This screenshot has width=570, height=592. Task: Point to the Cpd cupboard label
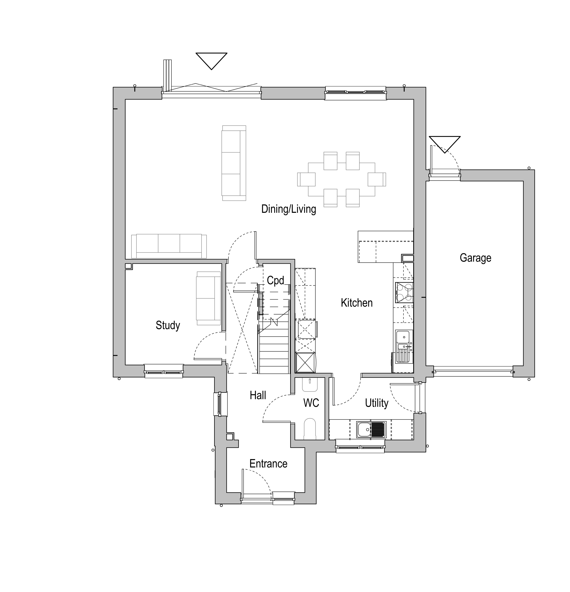[275, 281]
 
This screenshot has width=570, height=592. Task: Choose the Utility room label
[376, 403]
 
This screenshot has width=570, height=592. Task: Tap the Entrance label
[268, 464]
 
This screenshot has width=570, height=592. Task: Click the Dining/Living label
[289, 209]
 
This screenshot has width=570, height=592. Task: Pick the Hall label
[258, 395]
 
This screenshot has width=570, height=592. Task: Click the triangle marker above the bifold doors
[211, 61]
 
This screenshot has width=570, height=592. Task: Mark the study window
[164, 371]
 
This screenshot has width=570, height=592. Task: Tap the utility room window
[360, 446]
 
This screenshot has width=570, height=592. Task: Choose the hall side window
[220, 404]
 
